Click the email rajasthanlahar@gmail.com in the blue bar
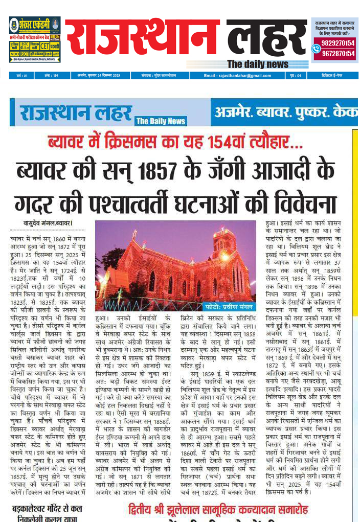pyautogui.click(x=237, y=75)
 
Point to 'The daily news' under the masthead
pyautogui.click(x=258, y=64)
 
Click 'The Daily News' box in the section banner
pyautogui.click(x=161, y=121)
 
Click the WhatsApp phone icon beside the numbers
pyautogui.click(x=316, y=49)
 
